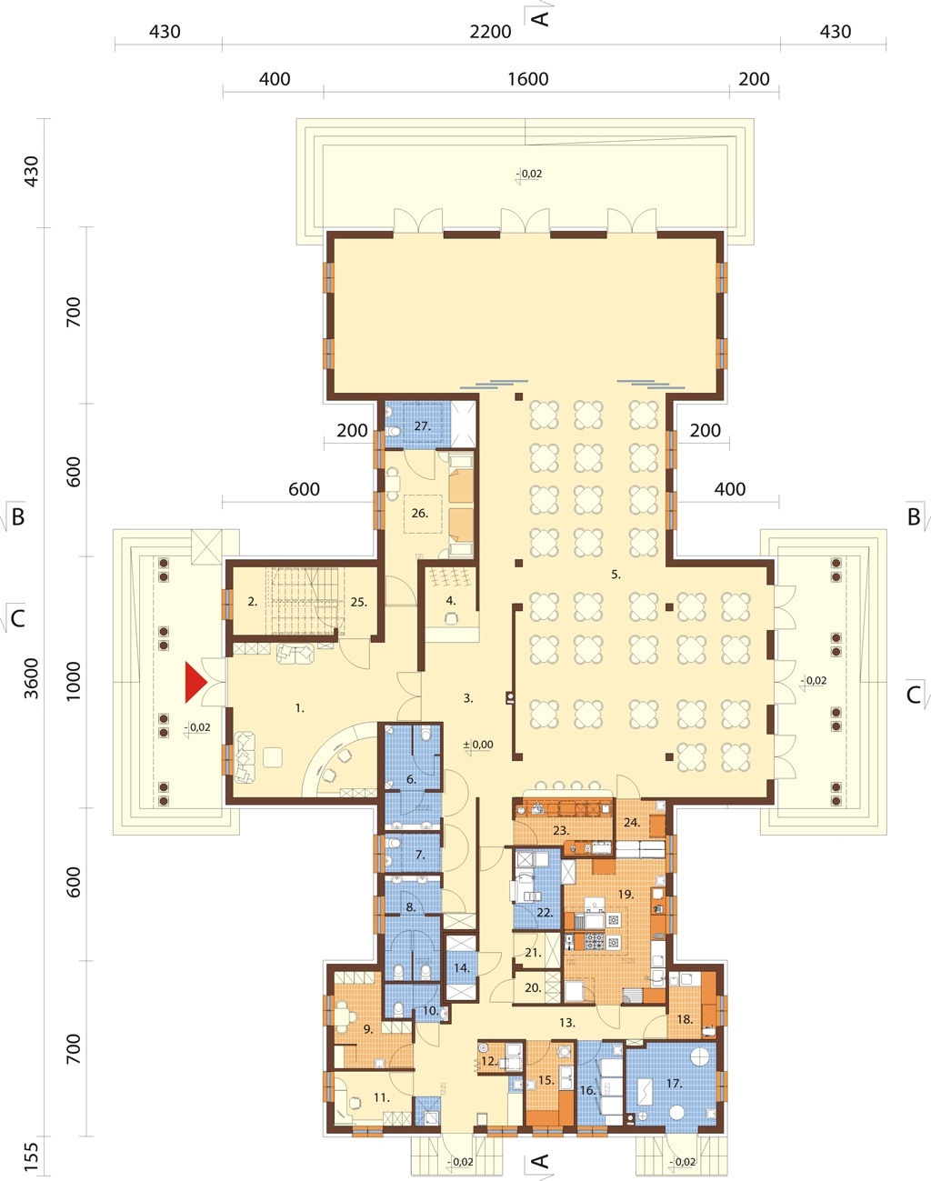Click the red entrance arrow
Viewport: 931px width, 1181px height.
pos(195,682)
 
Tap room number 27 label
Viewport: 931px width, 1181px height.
pos(422,426)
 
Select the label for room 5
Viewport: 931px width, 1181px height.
pos(616,575)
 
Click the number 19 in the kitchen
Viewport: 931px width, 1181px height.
pos(626,895)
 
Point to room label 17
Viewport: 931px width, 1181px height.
pos(674,1084)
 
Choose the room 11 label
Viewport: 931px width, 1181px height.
pos(382,1097)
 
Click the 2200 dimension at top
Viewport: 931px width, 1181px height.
pos(490,32)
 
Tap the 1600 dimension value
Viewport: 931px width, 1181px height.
pos(527,79)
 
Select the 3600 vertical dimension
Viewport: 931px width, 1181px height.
pos(33,678)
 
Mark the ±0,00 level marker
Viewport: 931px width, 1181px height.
pos(478,745)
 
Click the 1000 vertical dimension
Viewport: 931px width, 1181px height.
pos(73,681)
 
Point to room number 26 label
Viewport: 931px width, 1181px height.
pos(419,513)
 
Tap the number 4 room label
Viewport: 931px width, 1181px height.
pos(451,601)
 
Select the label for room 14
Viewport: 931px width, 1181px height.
pos(462,968)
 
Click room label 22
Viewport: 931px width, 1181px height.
pos(545,913)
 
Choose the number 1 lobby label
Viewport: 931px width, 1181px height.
pos(299,708)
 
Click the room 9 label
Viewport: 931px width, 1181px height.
pos(368,1029)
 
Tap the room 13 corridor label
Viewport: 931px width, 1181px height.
pos(567,1023)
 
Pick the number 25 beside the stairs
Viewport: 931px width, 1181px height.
pos(358,602)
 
